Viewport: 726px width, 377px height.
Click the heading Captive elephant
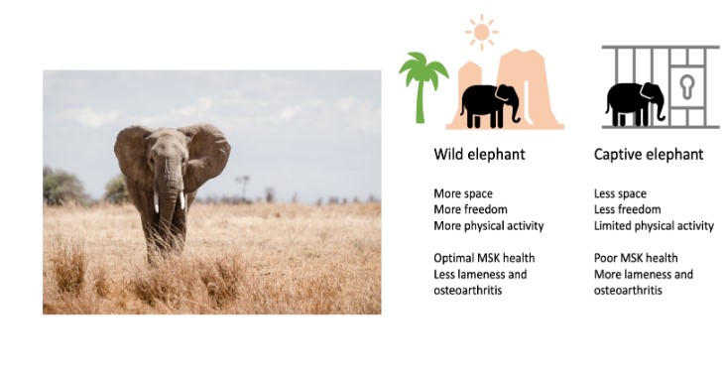pyautogui.click(x=649, y=155)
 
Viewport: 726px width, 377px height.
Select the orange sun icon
pyautogui.click(x=482, y=33)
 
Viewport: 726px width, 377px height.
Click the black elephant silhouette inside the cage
pyautogui.click(x=636, y=102)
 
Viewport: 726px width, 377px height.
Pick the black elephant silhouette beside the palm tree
pyautogui.click(x=490, y=103)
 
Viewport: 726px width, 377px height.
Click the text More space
pyautogui.click(x=463, y=193)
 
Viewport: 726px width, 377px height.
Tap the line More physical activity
pyautogui.click(x=489, y=225)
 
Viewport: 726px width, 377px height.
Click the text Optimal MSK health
pyautogui.click(x=483, y=258)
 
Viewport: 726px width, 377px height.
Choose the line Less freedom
pyautogui.click(x=627, y=209)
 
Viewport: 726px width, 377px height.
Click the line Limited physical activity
pyautogui.click(x=654, y=225)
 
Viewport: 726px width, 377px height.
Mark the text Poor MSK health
pyautogui.click(x=636, y=258)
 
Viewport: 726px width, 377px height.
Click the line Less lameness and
pyautogui.click(x=480, y=274)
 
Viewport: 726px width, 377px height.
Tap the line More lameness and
pyautogui.click(x=644, y=274)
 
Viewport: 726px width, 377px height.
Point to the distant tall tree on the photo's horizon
pyautogui.click(x=240, y=185)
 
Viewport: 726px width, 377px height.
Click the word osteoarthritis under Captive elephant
pyautogui.click(x=628, y=290)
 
